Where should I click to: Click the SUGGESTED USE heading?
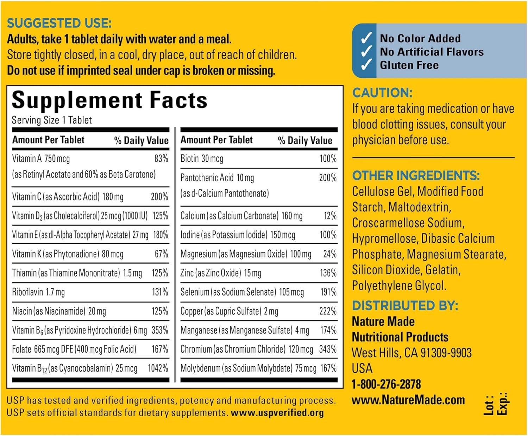pyautogui.click(x=59, y=23)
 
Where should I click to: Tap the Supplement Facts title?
pyautogui.click(x=109, y=100)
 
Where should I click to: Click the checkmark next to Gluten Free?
pyautogui.click(x=366, y=65)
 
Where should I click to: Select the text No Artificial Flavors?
pyautogui.click(x=432, y=52)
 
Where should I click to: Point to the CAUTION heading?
pyautogui.click(x=382, y=93)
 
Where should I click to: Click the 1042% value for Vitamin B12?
pyautogui.click(x=158, y=368)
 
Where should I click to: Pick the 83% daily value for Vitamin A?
pyautogui.click(x=161, y=158)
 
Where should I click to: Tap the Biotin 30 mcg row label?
pyautogui.click(x=202, y=158)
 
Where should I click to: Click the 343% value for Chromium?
pyautogui.click(x=328, y=349)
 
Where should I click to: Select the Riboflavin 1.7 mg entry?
pyautogui.click(x=38, y=292)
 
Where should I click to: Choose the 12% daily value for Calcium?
pyautogui.click(x=330, y=216)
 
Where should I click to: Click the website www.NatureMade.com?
pyautogui.click(x=408, y=400)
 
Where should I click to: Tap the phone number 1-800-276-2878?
pyautogui.click(x=386, y=384)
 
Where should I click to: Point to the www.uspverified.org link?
pyautogui.click(x=277, y=413)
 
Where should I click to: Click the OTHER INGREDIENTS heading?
pyautogui.click(x=416, y=175)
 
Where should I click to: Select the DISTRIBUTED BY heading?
pyautogui.click(x=405, y=305)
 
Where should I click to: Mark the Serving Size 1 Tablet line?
pyautogui.click(x=52, y=120)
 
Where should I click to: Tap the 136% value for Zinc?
pyautogui.click(x=328, y=273)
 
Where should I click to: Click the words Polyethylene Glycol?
pyautogui.click(x=399, y=286)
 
